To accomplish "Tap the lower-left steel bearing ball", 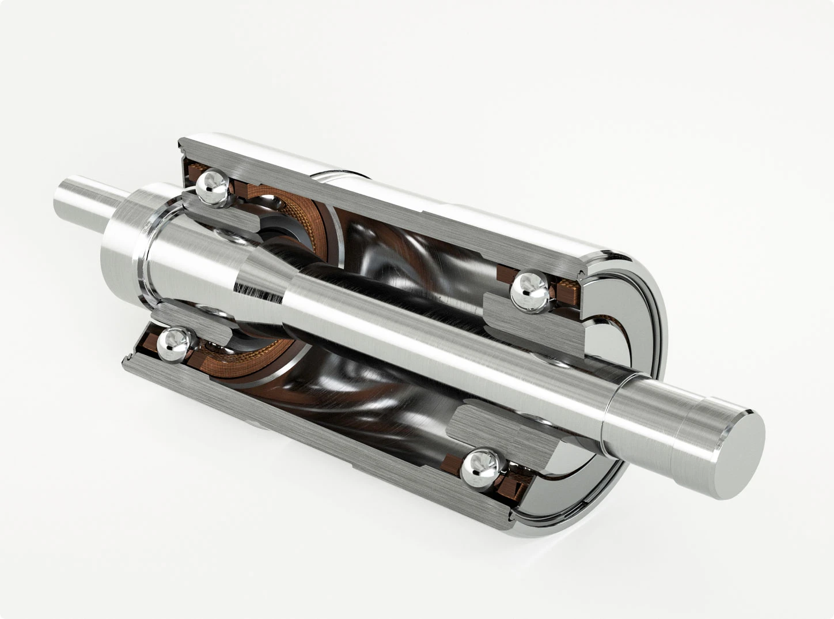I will (175, 341).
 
